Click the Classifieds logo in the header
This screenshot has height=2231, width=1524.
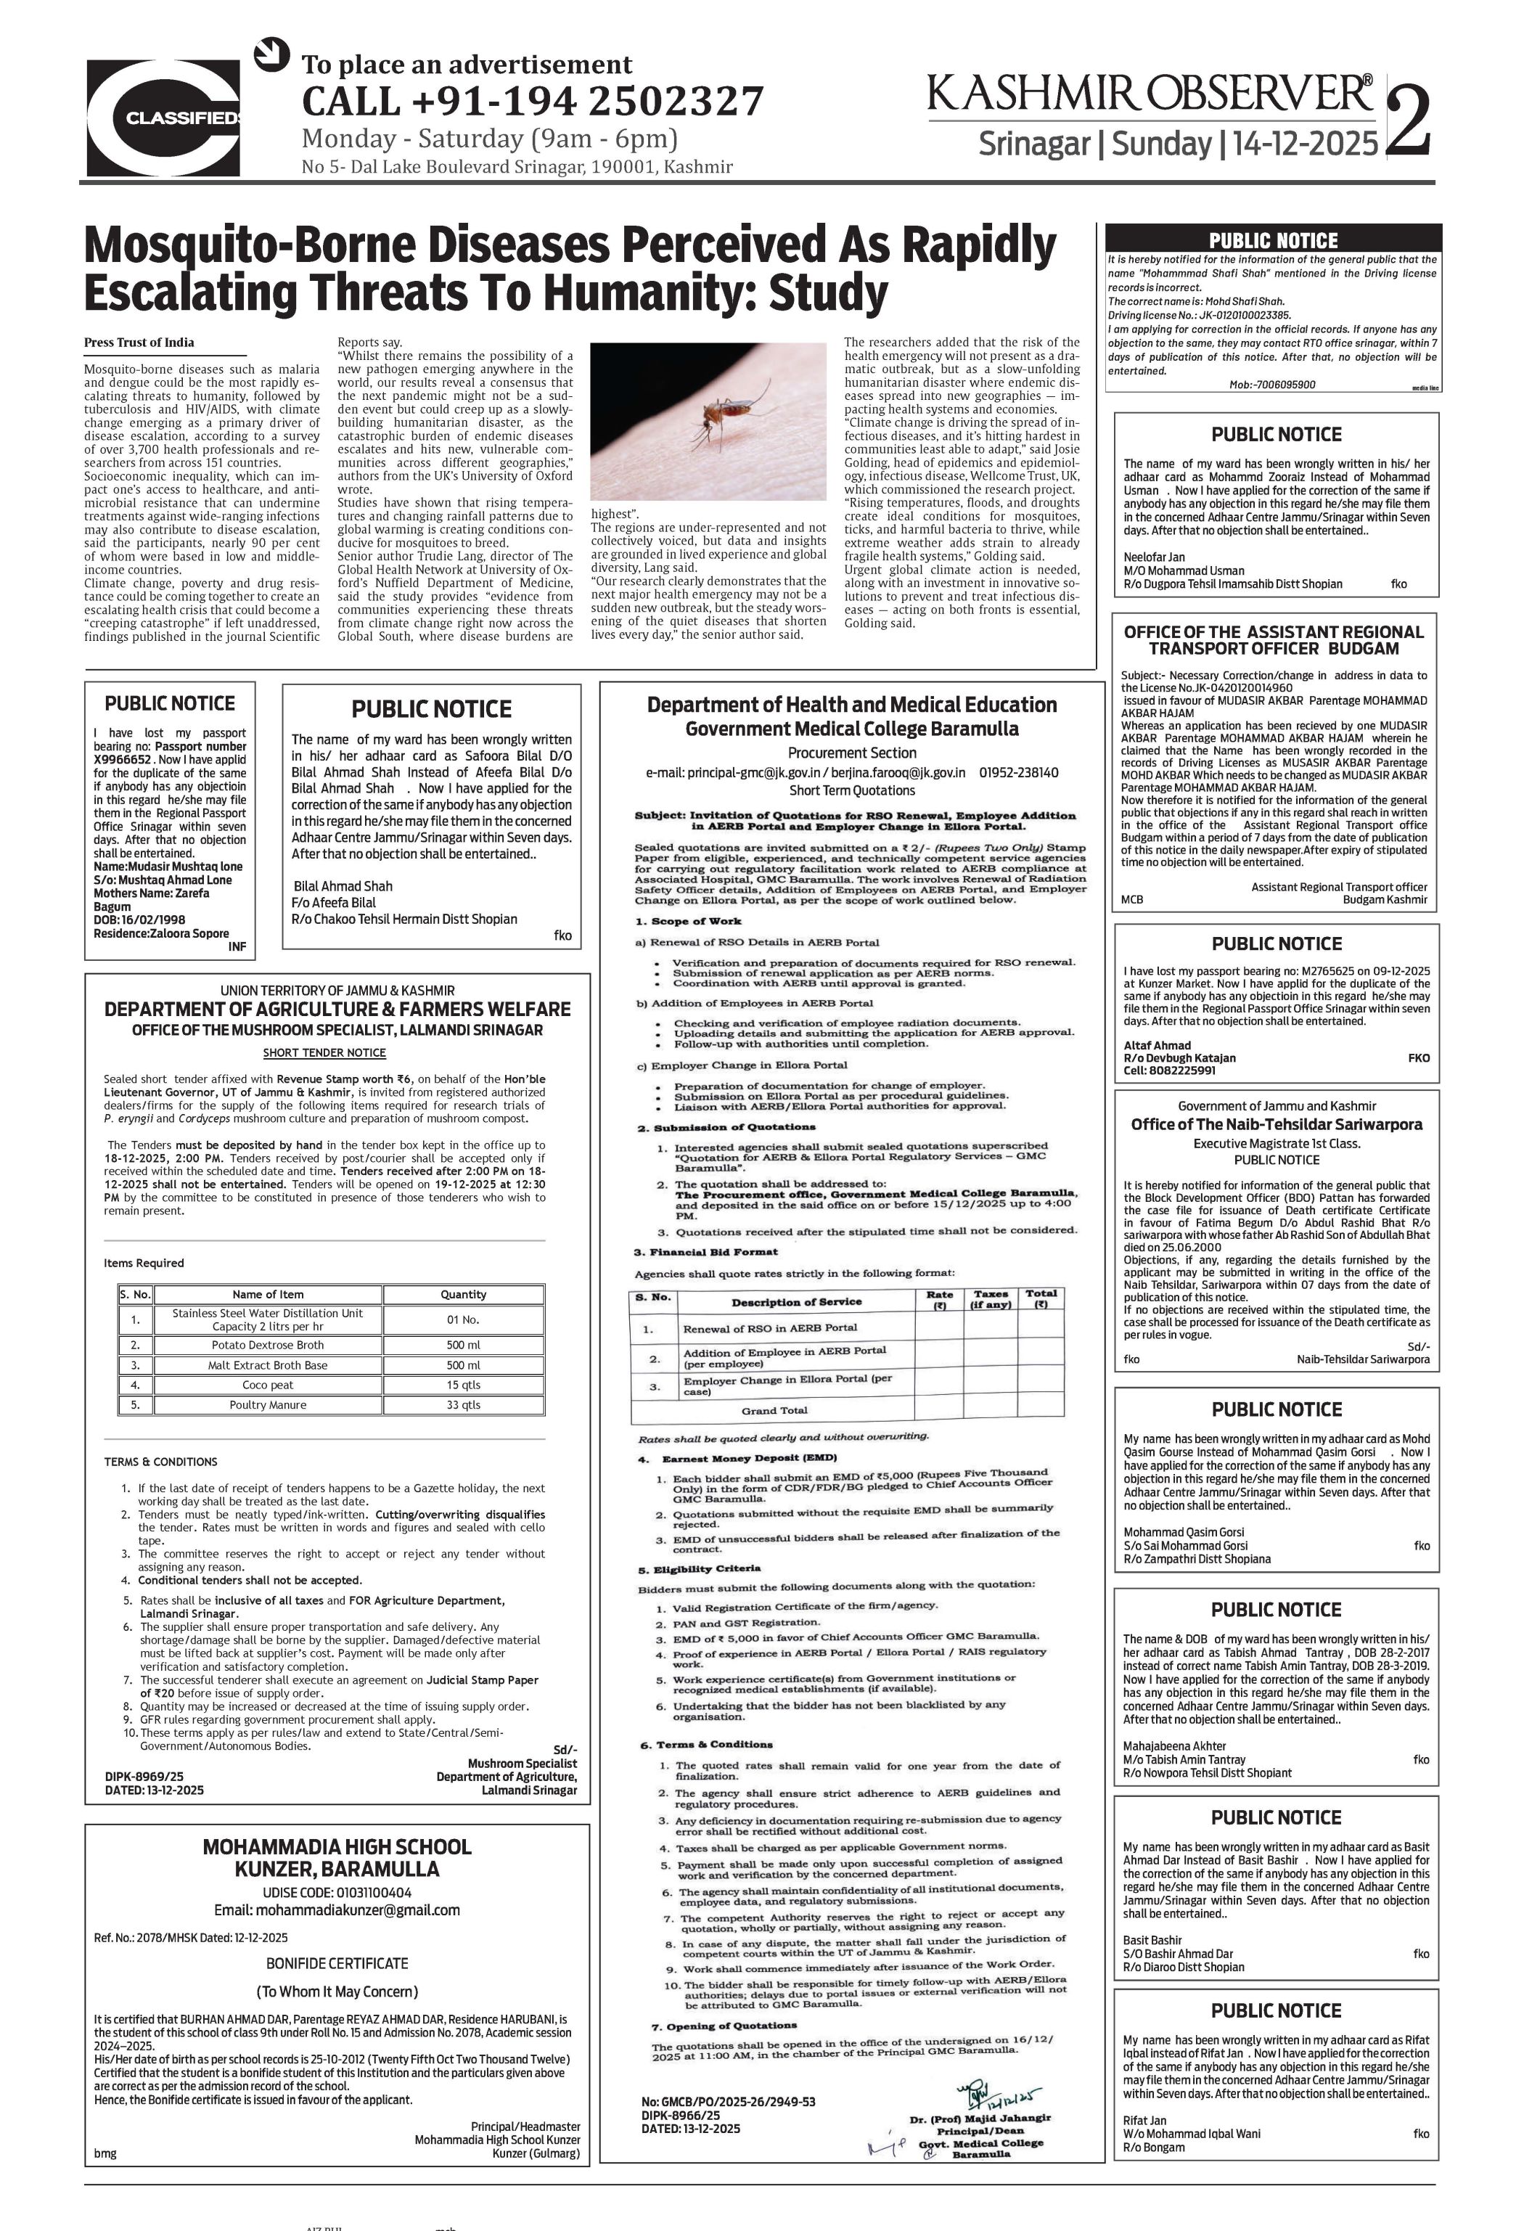pyautogui.click(x=163, y=117)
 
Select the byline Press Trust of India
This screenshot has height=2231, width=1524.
pyautogui.click(x=139, y=343)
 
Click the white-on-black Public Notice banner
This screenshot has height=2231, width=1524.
pyautogui.click(x=1273, y=240)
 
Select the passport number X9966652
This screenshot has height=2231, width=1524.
pyautogui.click(x=124, y=759)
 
